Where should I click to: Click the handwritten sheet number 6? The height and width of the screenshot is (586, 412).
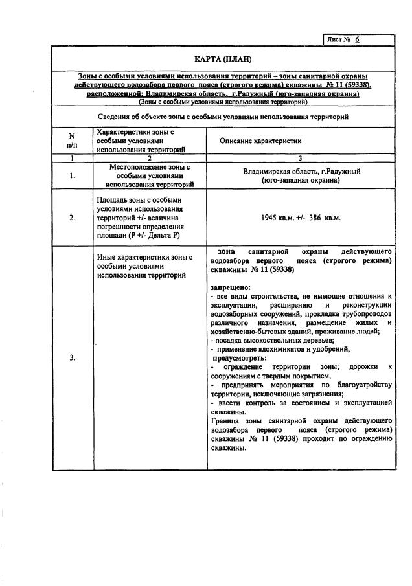[x=356, y=39]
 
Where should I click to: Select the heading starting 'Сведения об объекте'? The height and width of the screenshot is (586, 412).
[x=223, y=117]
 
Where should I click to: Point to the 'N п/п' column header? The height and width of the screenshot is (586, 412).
[x=72, y=141]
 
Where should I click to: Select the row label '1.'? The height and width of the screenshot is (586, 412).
[x=72, y=175]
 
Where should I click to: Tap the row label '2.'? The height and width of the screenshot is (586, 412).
[x=72, y=218]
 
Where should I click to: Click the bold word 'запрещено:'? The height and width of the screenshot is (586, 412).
[x=231, y=286]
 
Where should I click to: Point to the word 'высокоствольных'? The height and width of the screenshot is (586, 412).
[x=273, y=340]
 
